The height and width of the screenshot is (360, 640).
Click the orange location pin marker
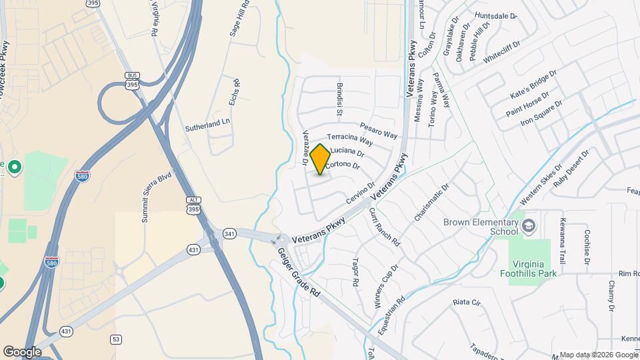click(321, 159)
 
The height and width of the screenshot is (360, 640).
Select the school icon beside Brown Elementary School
click(529, 225)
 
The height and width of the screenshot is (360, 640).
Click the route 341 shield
click(229, 233)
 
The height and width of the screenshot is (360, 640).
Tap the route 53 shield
click(117, 339)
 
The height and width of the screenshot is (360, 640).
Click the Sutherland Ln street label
click(207, 122)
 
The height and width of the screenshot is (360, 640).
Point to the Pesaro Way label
click(379, 130)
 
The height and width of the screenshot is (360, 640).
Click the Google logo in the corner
click(22, 351)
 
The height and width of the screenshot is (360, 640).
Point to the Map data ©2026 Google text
click(598, 355)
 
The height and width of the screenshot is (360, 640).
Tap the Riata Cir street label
click(467, 303)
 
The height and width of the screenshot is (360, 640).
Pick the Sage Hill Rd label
click(235, 23)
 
